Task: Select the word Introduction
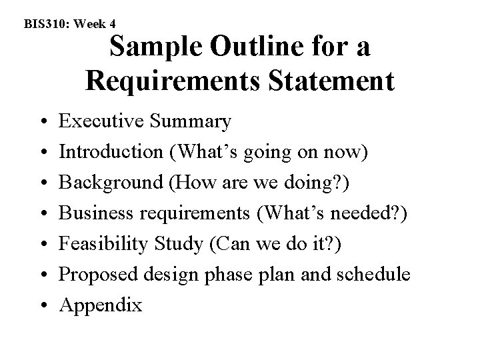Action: [111, 151]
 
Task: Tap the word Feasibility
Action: [99, 245]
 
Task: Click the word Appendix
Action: [101, 306]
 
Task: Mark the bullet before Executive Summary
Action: [43, 123]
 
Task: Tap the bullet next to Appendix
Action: [43, 307]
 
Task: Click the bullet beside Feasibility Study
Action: [43, 245]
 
